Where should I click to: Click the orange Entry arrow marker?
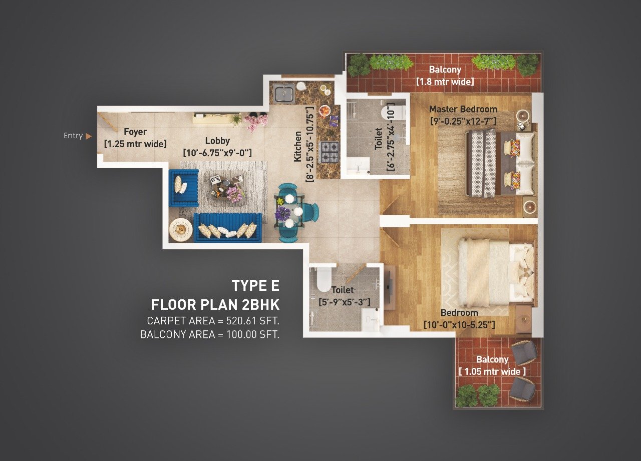coord(89,136)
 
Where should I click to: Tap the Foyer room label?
coord(136,132)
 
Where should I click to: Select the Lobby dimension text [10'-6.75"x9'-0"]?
coord(217,152)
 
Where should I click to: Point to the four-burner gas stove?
coord(330,152)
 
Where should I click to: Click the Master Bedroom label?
coord(463,109)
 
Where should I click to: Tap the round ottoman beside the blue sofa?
coord(181,230)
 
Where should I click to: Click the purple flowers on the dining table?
coord(283,213)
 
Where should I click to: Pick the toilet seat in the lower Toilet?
coord(323,278)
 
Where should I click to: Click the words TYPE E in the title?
coord(255,286)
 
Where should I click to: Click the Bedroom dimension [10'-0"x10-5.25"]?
coord(459,325)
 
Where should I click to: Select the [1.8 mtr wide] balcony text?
coord(445,82)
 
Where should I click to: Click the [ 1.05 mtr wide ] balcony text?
coord(492,371)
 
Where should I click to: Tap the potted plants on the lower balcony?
coord(477,395)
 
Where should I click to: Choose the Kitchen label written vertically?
coord(298,146)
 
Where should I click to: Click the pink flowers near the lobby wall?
coord(256,121)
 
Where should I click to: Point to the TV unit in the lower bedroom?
coord(390,287)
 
